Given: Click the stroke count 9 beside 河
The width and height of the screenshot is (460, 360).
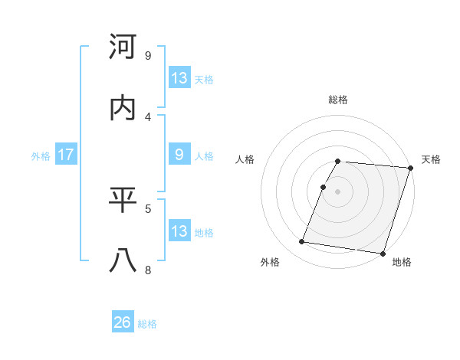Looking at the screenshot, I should click(x=148, y=56).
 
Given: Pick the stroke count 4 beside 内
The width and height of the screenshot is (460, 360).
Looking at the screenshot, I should click(x=148, y=116).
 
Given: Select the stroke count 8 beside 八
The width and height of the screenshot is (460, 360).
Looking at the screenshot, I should click(x=148, y=270).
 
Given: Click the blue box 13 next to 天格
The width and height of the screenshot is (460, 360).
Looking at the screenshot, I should click(x=179, y=78).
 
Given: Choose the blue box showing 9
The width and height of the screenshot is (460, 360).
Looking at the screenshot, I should click(x=179, y=155).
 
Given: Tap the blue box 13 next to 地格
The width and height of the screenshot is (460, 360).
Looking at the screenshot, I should click(x=179, y=231).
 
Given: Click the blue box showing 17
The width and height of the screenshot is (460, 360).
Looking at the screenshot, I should click(x=66, y=155).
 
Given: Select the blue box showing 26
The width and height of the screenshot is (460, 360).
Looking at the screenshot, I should click(x=123, y=323).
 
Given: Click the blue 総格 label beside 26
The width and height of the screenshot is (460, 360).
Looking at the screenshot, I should click(x=147, y=324).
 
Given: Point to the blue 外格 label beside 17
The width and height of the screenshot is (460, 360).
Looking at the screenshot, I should click(x=41, y=155).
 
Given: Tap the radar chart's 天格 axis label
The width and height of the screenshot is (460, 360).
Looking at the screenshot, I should click(x=431, y=159).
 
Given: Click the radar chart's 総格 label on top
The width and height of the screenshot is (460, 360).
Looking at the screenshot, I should click(x=338, y=100).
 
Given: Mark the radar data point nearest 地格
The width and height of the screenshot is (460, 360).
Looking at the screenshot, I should click(x=383, y=253).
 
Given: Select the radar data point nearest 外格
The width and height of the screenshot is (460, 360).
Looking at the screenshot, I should click(x=302, y=242).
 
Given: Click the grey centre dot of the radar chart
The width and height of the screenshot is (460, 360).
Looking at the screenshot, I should click(x=338, y=191).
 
